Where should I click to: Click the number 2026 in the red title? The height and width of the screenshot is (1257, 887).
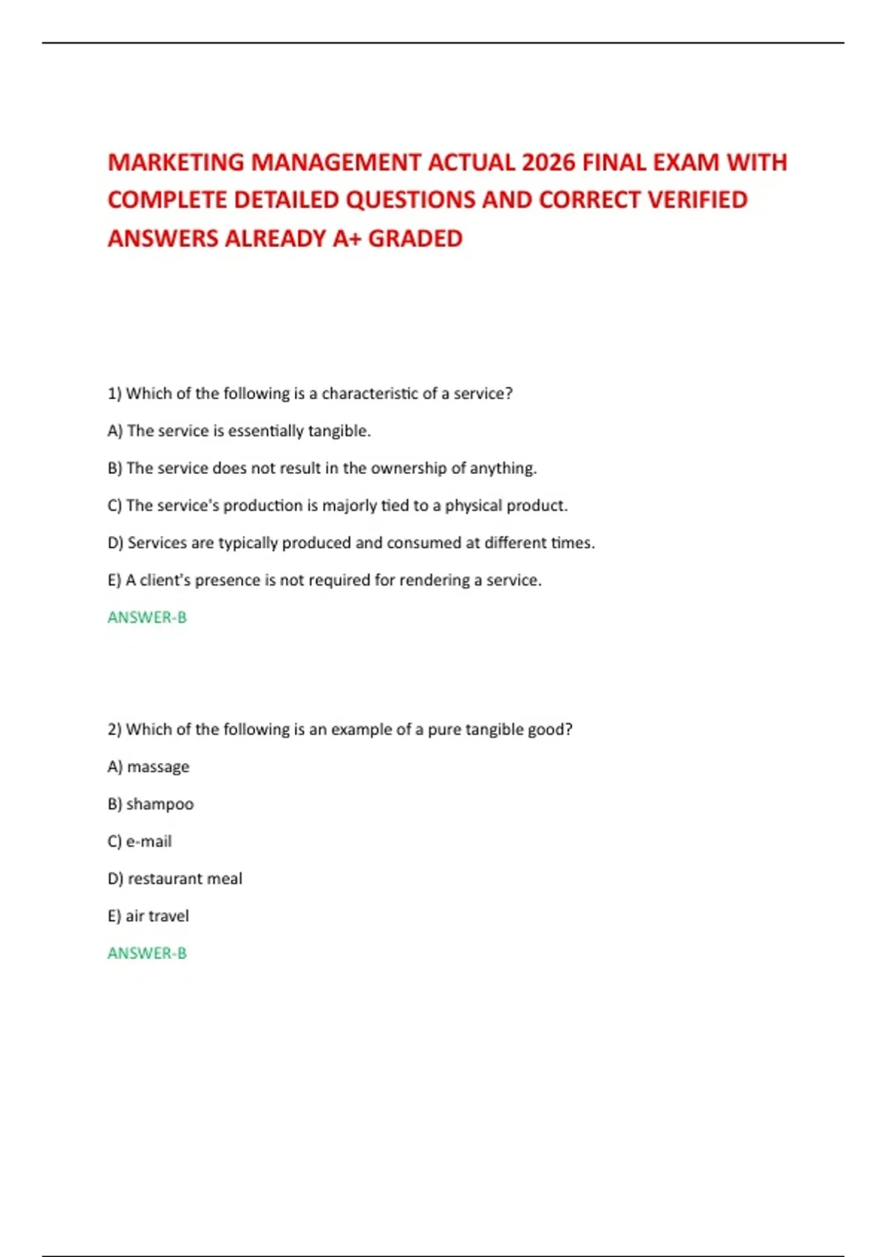point(548,163)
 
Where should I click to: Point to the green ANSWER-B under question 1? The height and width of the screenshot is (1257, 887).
point(147,617)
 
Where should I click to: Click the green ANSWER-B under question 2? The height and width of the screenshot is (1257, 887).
point(147,953)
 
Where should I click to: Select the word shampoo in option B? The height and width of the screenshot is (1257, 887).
point(160,804)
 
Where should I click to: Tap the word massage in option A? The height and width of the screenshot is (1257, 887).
point(158,768)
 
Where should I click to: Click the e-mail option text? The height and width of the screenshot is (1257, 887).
point(149,841)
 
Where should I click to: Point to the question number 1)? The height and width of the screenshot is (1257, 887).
point(115,393)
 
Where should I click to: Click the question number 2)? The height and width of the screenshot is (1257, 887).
point(115,730)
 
